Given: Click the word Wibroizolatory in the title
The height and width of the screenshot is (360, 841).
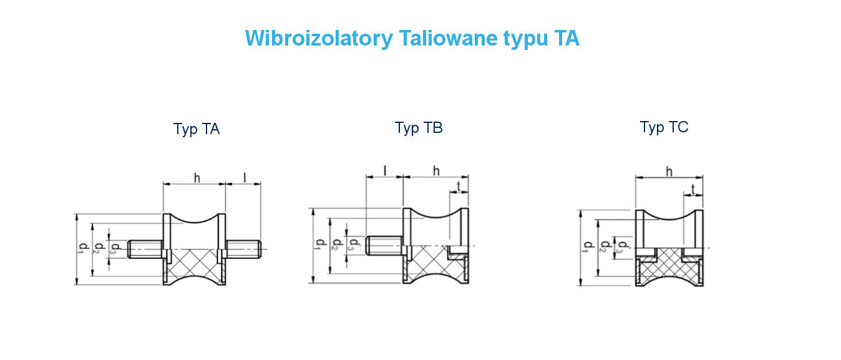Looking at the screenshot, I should pyautogui.click(x=318, y=39).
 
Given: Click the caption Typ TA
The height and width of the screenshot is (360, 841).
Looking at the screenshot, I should pyautogui.click(x=197, y=129).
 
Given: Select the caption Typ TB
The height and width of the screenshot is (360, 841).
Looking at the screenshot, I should pyautogui.click(x=419, y=128).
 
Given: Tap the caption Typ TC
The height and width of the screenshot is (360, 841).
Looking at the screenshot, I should pyautogui.click(x=664, y=127).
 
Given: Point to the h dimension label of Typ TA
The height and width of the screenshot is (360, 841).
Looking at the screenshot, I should pyautogui.click(x=197, y=178).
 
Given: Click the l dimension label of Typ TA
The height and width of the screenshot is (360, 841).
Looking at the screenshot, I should pyautogui.click(x=244, y=178).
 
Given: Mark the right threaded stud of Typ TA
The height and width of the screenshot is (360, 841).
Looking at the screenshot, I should pyautogui.click(x=243, y=249).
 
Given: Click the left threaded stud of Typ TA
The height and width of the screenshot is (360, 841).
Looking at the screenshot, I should pyautogui.click(x=145, y=249).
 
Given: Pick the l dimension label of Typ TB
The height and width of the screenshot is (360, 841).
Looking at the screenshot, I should pyautogui.click(x=385, y=170).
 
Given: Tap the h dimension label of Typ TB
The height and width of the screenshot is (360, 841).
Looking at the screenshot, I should pyautogui.click(x=436, y=170).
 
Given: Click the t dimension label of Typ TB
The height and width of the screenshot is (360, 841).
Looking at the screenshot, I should pyautogui.click(x=459, y=185).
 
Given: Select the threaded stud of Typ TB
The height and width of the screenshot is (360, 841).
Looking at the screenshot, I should pyautogui.click(x=384, y=245).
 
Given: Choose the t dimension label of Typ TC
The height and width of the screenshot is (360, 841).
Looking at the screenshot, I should pyautogui.click(x=693, y=188).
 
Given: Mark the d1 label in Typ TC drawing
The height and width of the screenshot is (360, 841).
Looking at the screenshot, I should pyautogui.click(x=585, y=247).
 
